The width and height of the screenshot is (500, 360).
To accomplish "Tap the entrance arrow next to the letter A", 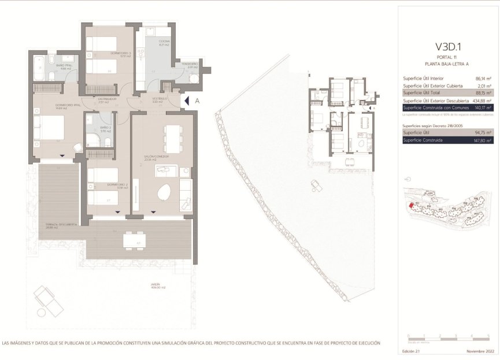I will point(186,101).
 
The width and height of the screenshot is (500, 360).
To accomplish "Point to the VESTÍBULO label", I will point(160,99).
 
